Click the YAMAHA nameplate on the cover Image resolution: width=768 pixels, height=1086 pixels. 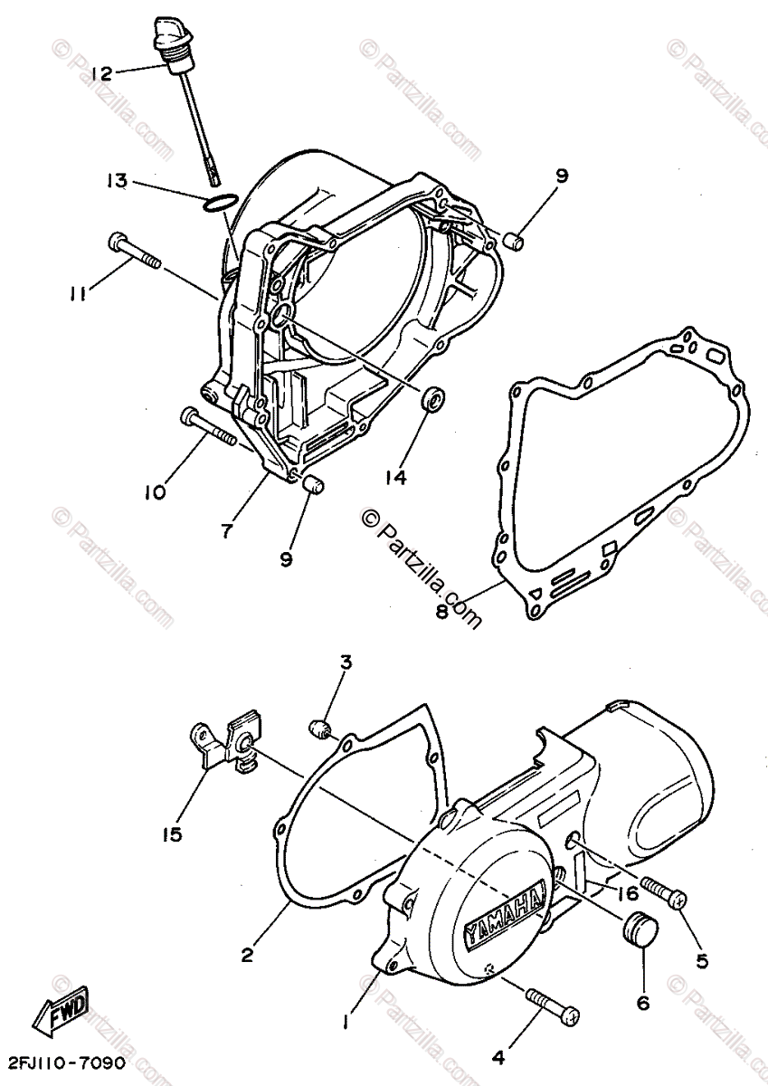click(x=506, y=914)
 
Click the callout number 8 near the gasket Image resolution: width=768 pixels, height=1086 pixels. click(x=441, y=612)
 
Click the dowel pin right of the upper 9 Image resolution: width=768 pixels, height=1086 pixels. click(x=512, y=241)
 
